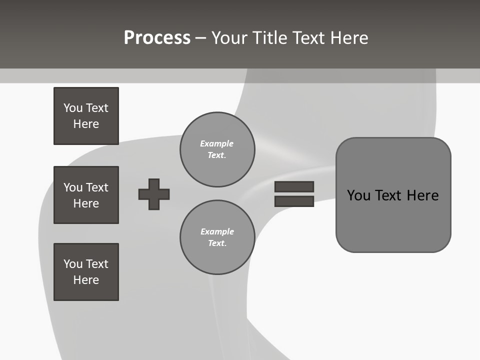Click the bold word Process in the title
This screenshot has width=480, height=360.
pyautogui.click(x=157, y=38)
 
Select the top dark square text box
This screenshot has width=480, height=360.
pyautogui.click(x=86, y=116)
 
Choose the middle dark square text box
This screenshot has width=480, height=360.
pyautogui.click(x=86, y=195)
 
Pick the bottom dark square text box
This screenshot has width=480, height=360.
pyautogui.click(x=86, y=272)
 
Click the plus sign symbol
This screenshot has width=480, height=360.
pyautogui.click(x=154, y=194)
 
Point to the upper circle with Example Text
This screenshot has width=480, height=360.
pyautogui.click(x=217, y=149)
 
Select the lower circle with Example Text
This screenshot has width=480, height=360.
pyautogui.click(x=217, y=237)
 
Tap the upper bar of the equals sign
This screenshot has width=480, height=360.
pyautogui.click(x=294, y=186)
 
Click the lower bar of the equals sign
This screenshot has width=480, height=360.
pyautogui.click(x=294, y=201)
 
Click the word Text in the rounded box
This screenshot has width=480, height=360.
pyautogui.click(x=388, y=195)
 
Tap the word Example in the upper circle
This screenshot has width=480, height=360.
pyautogui.click(x=216, y=143)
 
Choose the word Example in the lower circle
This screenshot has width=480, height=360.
pyautogui.click(x=217, y=231)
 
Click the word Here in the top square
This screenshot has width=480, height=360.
pyautogui.click(x=86, y=124)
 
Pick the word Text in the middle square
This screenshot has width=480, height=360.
pyautogui.click(x=97, y=187)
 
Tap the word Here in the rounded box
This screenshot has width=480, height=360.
pyautogui.click(x=422, y=195)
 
